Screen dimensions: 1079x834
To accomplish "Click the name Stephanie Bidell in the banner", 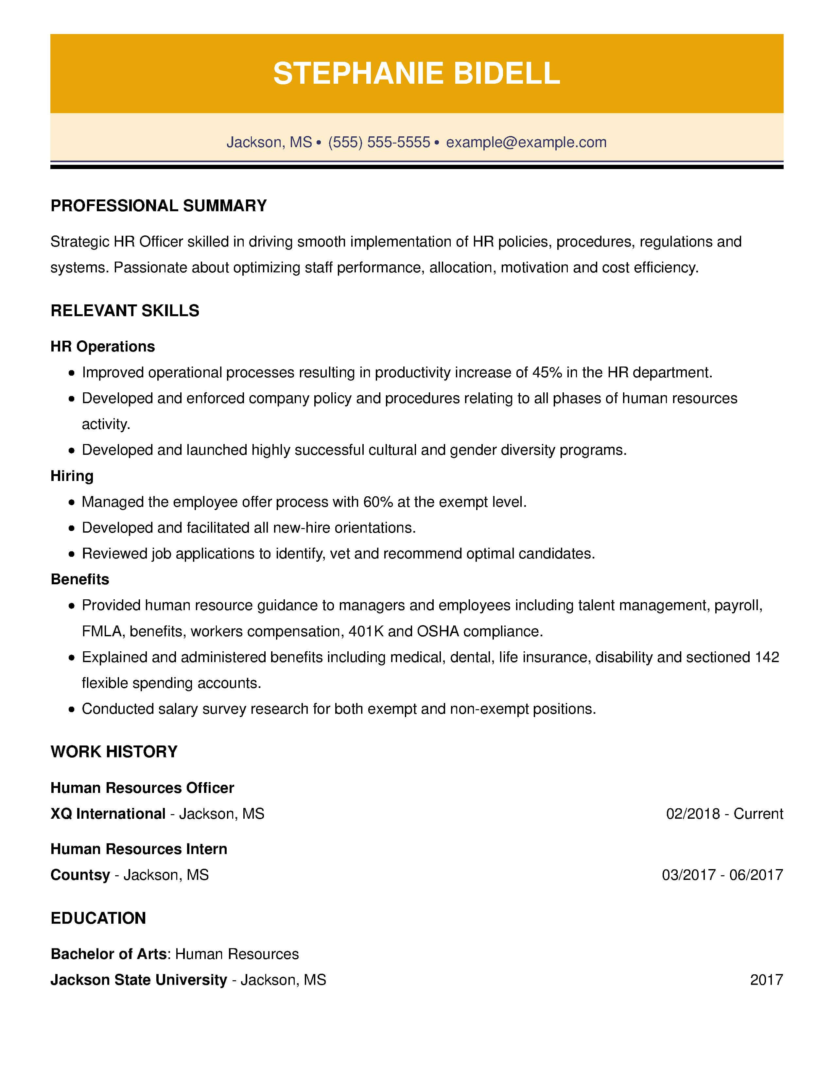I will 416,74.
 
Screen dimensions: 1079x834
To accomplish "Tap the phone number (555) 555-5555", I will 379,142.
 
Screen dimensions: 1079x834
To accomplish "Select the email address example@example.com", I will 526,142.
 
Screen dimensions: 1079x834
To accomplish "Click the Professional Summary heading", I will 159,206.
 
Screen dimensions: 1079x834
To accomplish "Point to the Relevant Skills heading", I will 125,310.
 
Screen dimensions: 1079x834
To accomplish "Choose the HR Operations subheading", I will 103,346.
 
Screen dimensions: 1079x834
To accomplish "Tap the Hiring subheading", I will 72,476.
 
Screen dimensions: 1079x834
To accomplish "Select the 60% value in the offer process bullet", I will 378,502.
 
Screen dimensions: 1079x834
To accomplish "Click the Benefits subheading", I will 80,579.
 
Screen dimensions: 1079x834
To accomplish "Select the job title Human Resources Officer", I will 142,788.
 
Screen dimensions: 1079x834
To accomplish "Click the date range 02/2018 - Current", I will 724,814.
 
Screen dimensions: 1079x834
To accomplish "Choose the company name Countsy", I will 80,875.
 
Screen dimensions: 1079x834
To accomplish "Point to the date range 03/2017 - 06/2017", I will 722,875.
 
